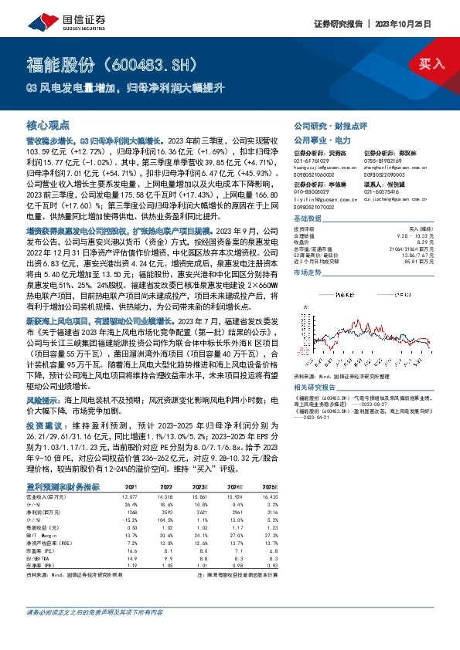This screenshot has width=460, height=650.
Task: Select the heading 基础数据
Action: coord(309,220)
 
